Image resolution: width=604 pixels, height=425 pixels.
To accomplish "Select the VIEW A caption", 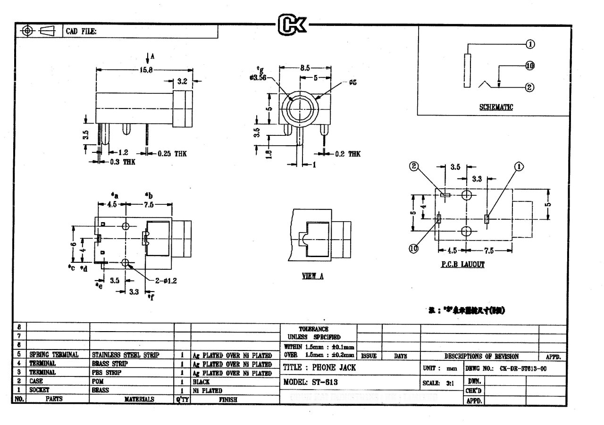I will point(312,277).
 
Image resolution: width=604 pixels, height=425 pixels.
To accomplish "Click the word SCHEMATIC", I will point(496,107).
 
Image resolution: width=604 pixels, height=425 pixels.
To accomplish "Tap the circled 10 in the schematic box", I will point(529,67).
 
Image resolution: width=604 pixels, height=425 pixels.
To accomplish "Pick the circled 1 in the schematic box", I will point(529,44).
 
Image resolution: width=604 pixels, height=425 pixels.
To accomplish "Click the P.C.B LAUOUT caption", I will point(462,265).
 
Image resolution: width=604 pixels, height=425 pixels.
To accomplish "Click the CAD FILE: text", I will point(81,32).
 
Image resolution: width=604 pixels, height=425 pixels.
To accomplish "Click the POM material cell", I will point(97,382).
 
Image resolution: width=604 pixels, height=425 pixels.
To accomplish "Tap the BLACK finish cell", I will point(201,382).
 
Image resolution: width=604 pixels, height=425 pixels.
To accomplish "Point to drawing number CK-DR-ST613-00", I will point(520,367).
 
